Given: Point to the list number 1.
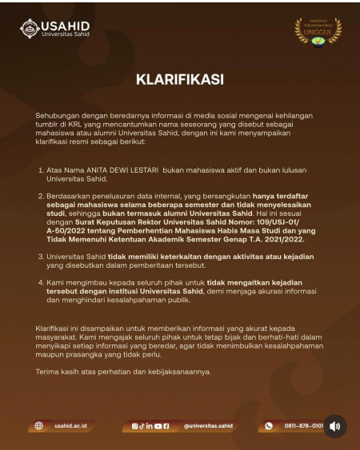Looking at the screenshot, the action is [40, 170].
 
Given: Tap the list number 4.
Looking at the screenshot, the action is [40, 284].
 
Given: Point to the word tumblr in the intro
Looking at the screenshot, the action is [49, 125].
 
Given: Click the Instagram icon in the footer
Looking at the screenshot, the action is [135, 426].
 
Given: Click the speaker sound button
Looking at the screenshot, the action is [334, 426].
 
